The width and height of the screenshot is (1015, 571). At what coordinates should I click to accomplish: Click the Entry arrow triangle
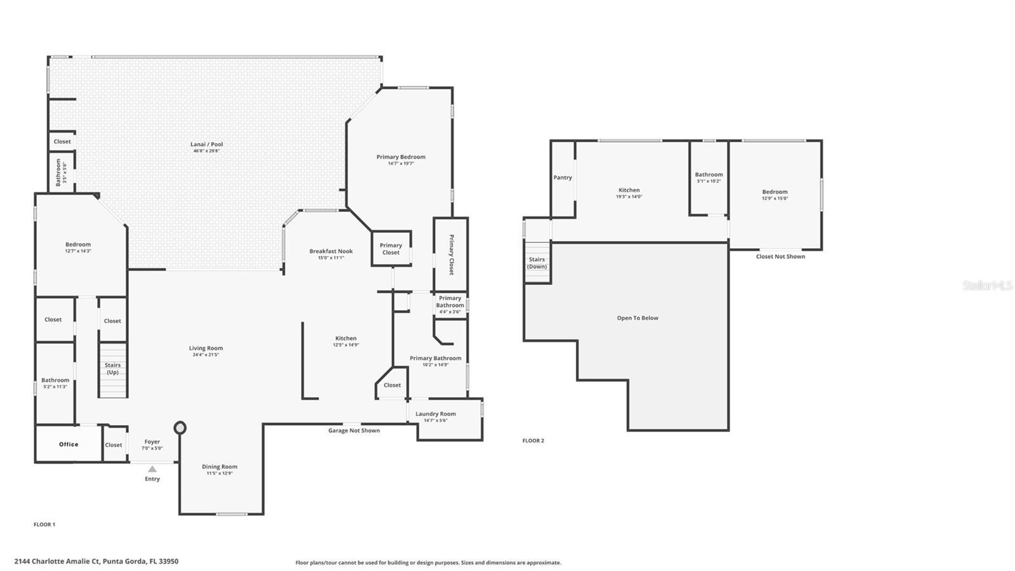(x=152, y=469)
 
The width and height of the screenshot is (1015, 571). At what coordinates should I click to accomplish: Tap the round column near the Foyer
(x=180, y=428)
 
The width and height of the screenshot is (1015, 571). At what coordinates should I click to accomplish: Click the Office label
(x=69, y=444)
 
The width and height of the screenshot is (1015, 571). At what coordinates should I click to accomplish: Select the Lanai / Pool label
(x=207, y=145)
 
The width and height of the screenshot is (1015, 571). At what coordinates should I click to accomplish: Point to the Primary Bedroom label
(x=401, y=157)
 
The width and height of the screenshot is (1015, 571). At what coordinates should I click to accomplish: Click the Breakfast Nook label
(x=331, y=251)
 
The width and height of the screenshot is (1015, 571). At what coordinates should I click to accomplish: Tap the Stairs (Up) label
(x=113, y=369)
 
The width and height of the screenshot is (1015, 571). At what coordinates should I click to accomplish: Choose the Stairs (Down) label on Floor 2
(x=537, y=263)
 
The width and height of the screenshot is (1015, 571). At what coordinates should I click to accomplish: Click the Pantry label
(x=563, y=178)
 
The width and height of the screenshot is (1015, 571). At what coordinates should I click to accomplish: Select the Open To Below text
(x=638, y=318)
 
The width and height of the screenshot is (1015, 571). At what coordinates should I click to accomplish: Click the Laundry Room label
(x=436, y=414)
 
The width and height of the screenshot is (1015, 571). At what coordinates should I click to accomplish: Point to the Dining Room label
(x=219, y=467)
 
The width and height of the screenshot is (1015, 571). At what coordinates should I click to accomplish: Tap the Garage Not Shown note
(x=354, y=430)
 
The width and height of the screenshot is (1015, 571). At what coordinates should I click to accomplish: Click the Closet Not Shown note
(x=780, y=256)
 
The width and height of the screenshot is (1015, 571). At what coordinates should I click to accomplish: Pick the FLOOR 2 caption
(x=533, y=440)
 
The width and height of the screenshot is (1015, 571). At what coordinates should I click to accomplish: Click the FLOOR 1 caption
(x=44, y=525)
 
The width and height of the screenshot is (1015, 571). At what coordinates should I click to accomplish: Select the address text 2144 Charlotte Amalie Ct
(x=57, y=561)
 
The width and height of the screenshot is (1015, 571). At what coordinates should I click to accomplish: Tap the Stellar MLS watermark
(x=987, y=286)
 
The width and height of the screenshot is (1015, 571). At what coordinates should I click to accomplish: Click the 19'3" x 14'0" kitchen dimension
(x=629, y=197)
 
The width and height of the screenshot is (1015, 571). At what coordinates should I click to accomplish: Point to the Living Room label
(x=206, y=348)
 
